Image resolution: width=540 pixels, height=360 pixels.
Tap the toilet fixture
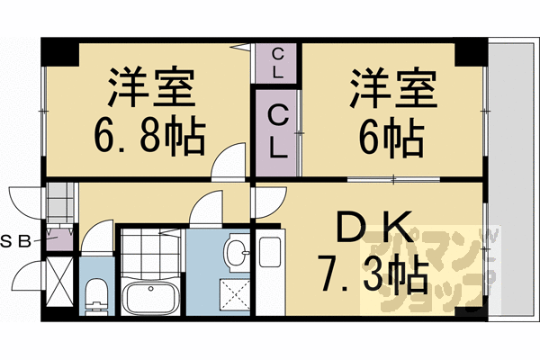tap(94, 293)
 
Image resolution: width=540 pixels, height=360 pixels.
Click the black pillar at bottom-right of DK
tap(467, 311)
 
